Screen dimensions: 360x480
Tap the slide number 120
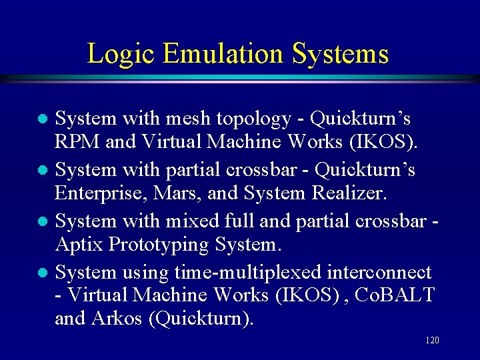click(x=432, y=341)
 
